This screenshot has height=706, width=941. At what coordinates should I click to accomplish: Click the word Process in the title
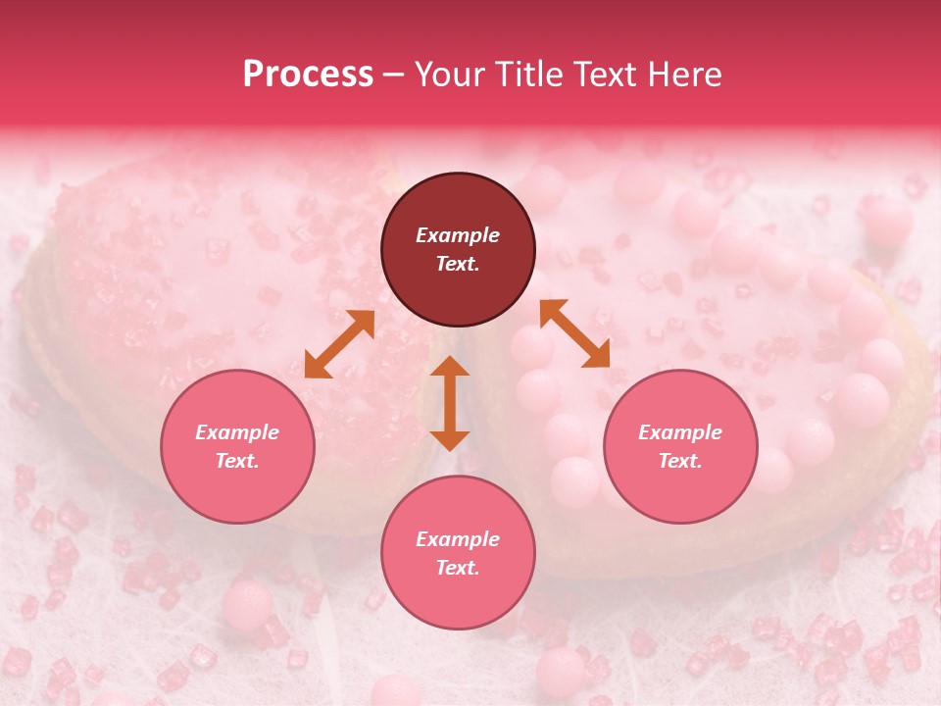308,75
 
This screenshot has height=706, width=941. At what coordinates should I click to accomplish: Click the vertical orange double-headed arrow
450,403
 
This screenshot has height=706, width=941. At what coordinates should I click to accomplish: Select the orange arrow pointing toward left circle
339,344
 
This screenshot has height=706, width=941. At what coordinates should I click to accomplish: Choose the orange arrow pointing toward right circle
575,333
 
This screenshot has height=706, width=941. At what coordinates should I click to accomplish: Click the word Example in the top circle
458,235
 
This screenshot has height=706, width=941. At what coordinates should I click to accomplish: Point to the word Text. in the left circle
237,461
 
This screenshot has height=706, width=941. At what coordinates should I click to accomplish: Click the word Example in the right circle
680,432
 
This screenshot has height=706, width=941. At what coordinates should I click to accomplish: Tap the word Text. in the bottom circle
458,568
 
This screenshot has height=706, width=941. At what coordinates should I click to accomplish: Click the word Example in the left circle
237,432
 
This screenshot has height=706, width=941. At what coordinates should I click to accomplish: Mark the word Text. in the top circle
458,264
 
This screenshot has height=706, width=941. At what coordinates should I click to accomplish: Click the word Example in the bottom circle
458,539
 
